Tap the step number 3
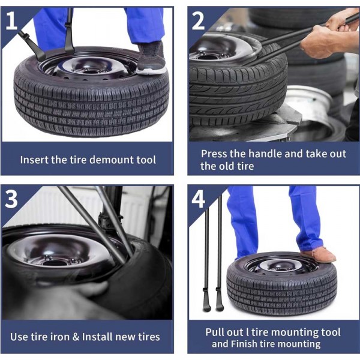pyautogui.click(x=12, y=199)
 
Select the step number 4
pyautogui.click(x=199, y=199)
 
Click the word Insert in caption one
pyautogui.click(x=34, y=160)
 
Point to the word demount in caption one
pyautogui.click(x=106, y=160)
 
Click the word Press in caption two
pyautogui.click(x=214, y=154)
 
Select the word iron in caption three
pyautogui.click(x=61, y=336)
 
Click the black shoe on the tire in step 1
pyautogui.click(x=151, y=59)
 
